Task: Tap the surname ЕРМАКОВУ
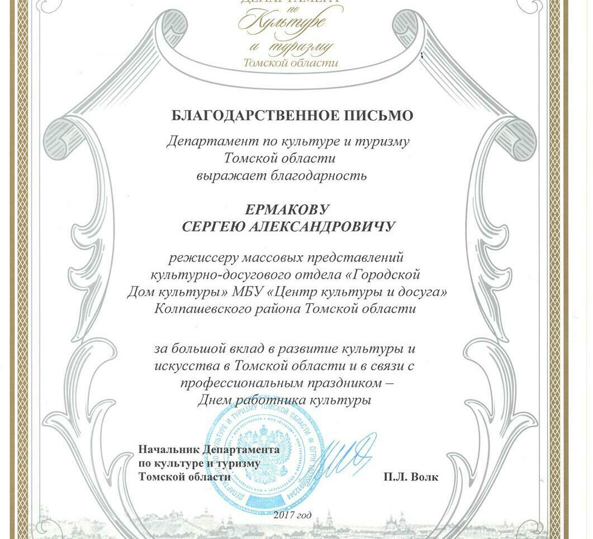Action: (288, 210)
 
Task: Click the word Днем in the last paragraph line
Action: (214, 400)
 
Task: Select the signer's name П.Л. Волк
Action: (411, 477)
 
